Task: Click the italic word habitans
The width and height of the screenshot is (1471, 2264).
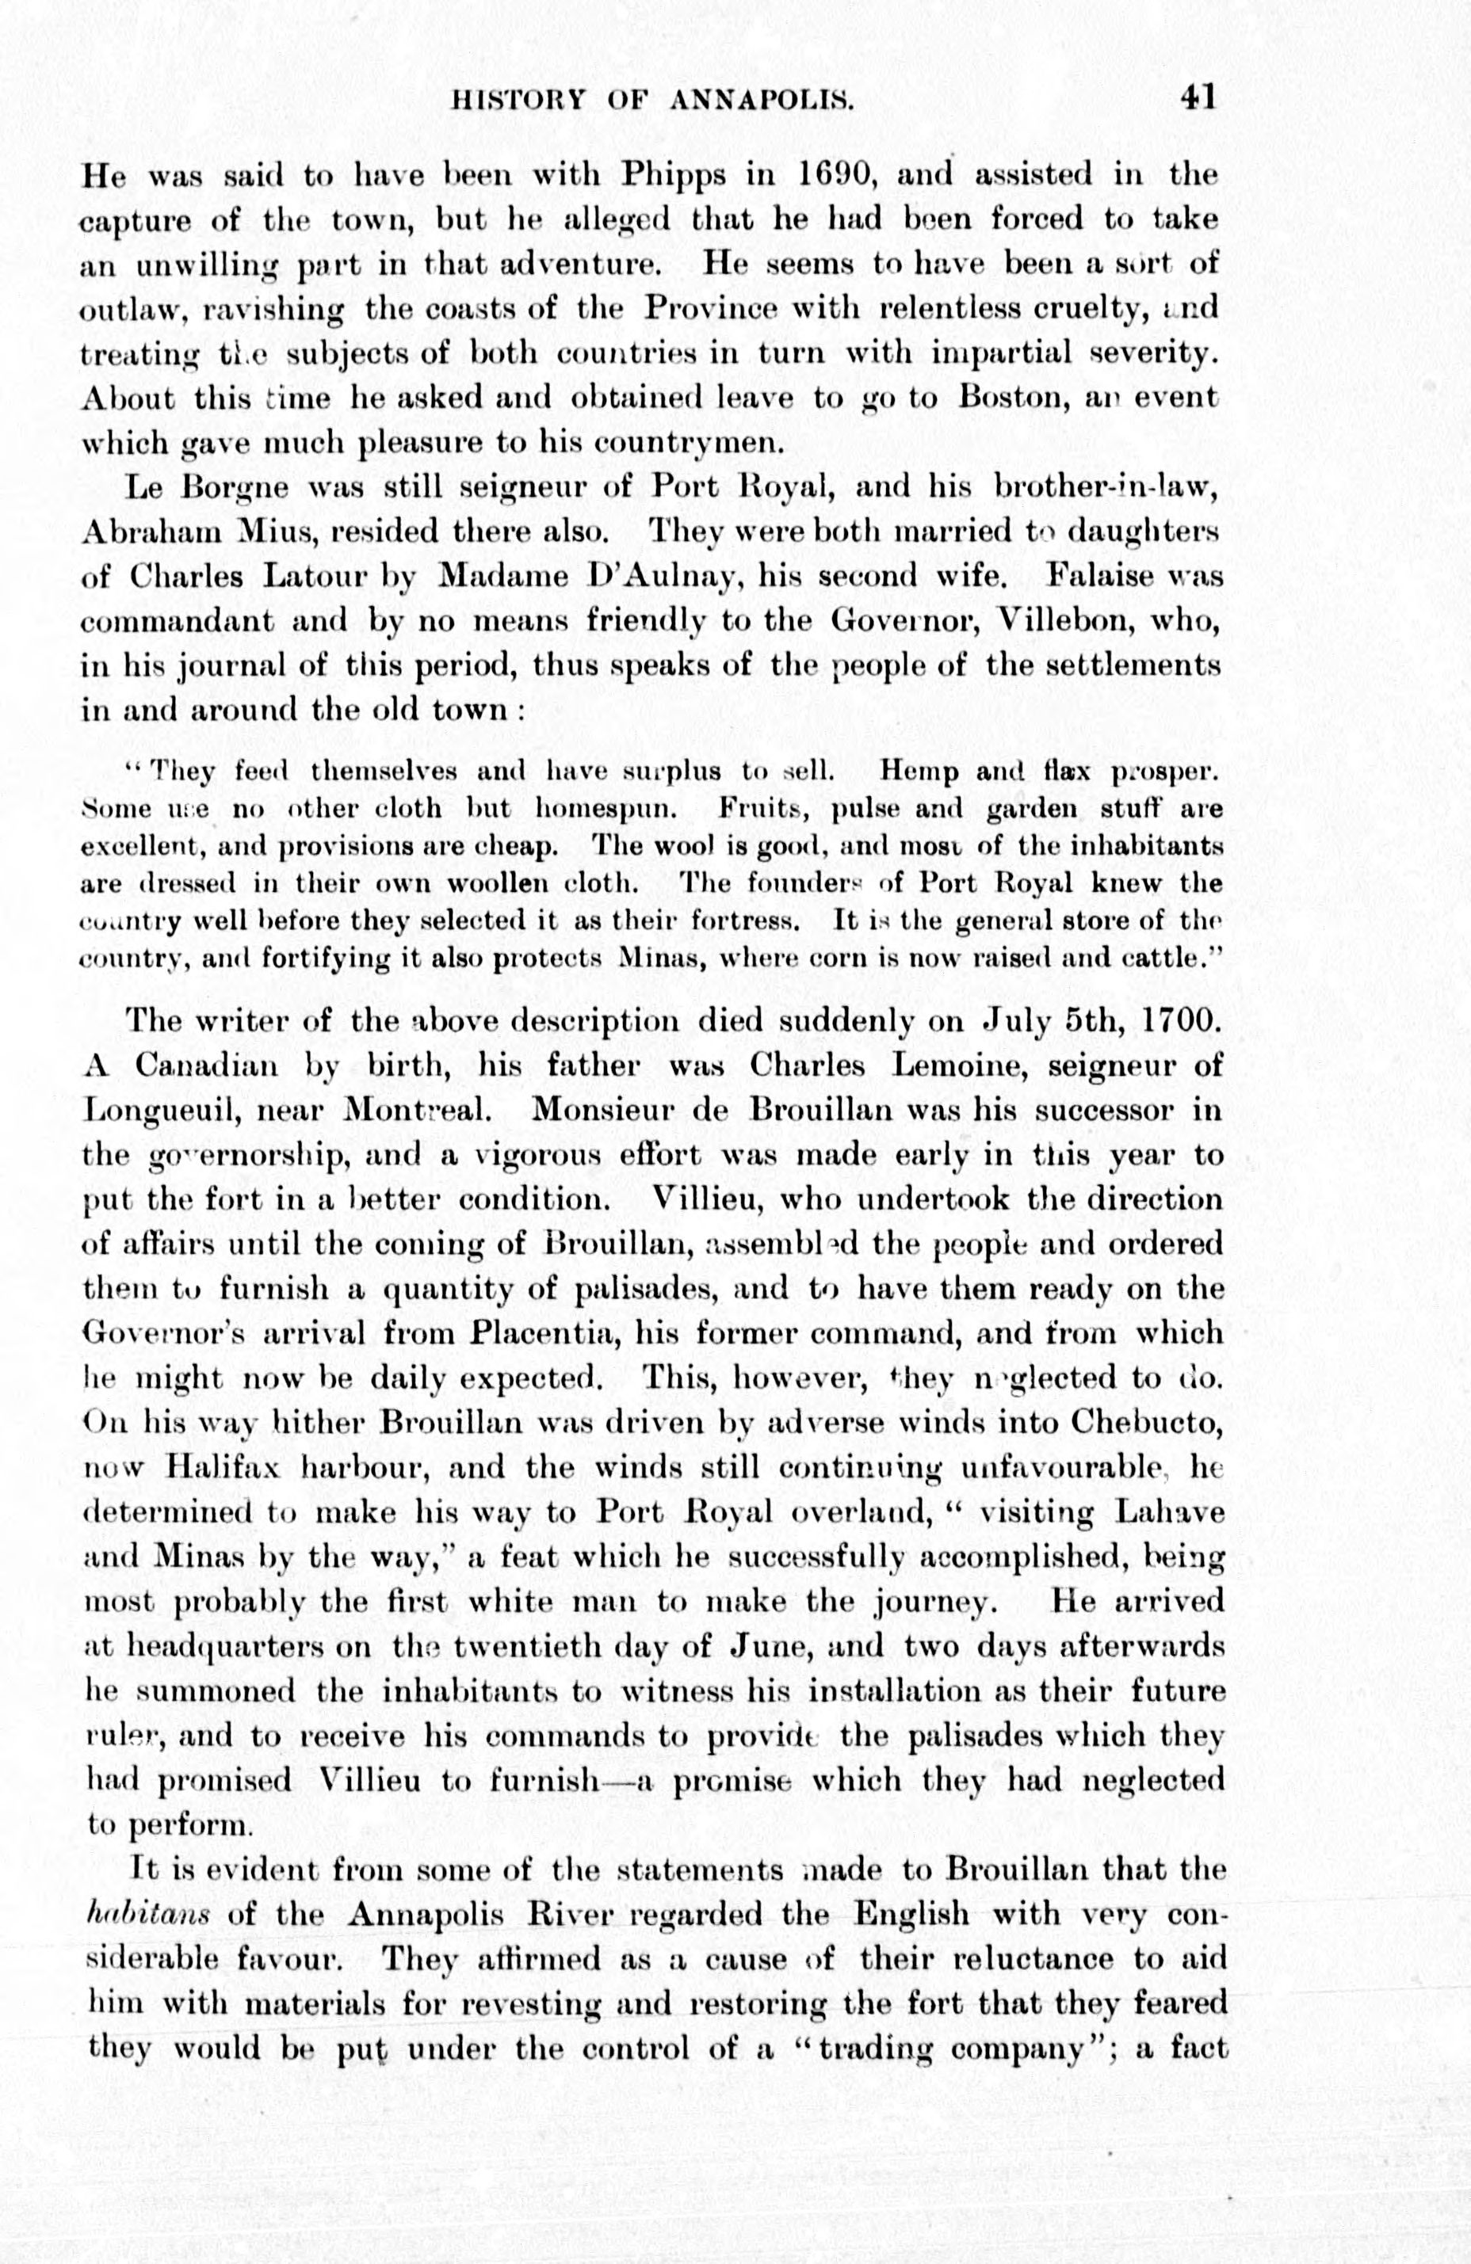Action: [x=143, y=1914]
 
